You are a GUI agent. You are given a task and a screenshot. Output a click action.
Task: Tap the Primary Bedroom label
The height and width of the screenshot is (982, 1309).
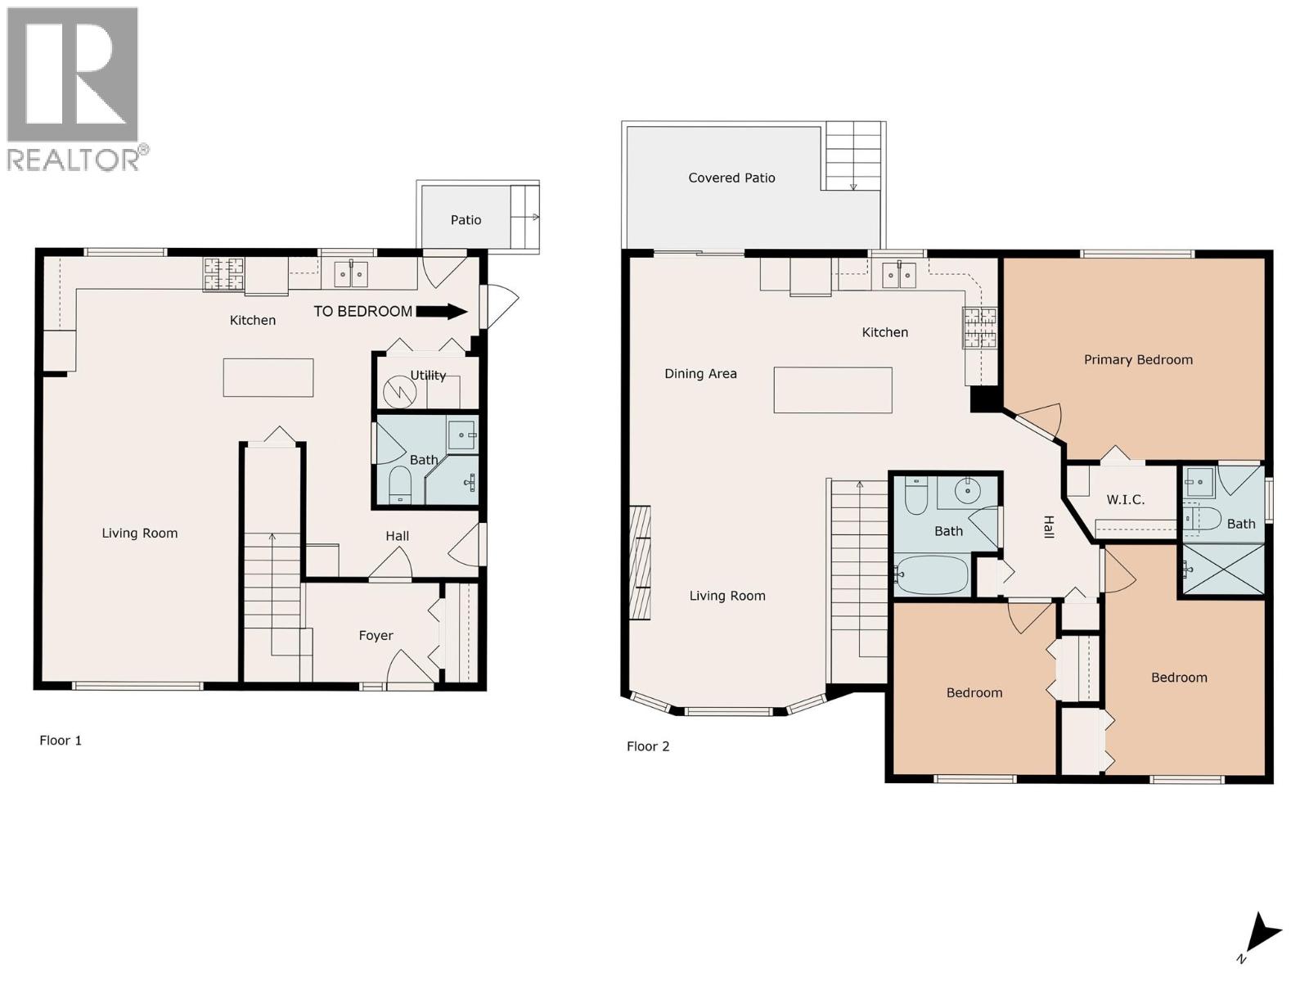(x=1138, y=360)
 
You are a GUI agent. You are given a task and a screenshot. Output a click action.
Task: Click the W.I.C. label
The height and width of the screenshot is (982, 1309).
(x=1125, y=500)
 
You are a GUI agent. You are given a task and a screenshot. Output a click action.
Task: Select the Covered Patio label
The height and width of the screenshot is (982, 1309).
(x=731, y=178)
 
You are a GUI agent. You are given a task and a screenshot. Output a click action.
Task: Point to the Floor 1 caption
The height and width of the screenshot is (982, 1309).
(x=61, y=741)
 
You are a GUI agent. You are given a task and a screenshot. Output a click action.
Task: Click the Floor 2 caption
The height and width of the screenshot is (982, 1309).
(x=648, y=746)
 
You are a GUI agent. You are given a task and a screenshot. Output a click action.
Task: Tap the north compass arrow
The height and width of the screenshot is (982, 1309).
(x=1263, y=935)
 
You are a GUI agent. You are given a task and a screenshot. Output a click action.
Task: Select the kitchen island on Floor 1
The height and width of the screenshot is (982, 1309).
(x=268, y=378)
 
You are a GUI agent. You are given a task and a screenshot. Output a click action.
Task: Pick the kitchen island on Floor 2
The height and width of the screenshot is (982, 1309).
(x=833, y=390)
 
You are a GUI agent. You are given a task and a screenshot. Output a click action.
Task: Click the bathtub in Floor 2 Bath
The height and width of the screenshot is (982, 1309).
(x=932, y=574)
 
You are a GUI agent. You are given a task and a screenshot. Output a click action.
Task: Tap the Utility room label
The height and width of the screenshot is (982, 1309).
(x=428, y=376)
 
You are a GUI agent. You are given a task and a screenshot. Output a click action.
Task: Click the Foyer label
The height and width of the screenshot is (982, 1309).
(x=376, y=636)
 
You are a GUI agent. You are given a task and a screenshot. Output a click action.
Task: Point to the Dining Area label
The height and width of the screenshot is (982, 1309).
(x=700, y=374)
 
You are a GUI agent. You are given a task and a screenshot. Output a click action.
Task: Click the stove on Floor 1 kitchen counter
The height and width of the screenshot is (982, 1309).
(x=223, y=274)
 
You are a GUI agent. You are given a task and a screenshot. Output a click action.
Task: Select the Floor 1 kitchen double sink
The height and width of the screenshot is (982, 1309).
(x=351, y=273)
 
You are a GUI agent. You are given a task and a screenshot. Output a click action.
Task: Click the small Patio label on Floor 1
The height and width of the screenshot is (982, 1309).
(x=466, y=220)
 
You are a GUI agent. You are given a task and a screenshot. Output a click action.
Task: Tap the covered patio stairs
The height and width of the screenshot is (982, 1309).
(x=852, y=155)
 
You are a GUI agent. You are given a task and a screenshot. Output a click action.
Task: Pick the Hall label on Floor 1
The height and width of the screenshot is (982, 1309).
(x=398, y=537)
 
